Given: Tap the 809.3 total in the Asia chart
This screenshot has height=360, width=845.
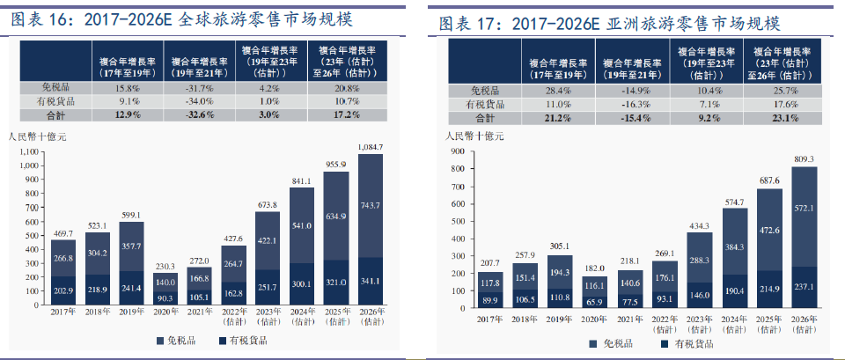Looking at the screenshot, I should pos(805,159).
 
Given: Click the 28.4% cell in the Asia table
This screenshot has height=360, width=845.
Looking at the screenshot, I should pos(559,91).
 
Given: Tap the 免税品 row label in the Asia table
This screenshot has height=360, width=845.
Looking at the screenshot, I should pos(485,91).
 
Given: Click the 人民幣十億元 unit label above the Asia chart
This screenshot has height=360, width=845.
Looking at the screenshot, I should pos(474,136).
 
